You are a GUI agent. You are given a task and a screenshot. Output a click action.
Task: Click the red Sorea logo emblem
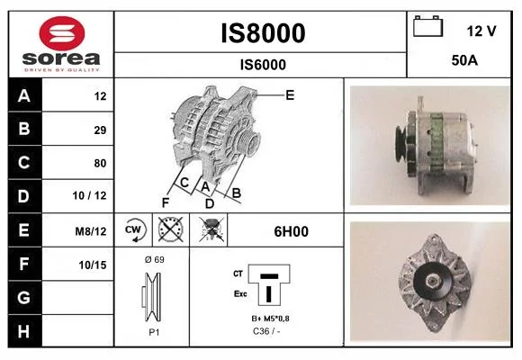62,33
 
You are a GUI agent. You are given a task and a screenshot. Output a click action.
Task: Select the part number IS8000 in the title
263,33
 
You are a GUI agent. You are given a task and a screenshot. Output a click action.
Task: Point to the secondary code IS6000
263,65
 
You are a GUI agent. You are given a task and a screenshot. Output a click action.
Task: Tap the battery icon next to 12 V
427,26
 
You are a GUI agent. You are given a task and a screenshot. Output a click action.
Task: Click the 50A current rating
464,60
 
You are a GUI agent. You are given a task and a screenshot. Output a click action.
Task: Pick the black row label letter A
24,96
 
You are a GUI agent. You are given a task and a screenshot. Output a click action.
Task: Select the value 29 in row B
100,130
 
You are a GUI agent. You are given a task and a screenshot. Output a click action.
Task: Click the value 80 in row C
100,163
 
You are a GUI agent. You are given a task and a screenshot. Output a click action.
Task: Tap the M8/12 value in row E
91,230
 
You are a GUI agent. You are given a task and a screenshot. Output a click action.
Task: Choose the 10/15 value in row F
93,265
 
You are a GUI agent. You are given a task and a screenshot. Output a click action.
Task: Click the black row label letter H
23,331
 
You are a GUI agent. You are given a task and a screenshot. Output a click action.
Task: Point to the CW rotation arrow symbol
133,230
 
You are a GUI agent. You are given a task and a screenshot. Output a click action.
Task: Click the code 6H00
291,231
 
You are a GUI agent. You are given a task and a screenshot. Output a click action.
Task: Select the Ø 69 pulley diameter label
155,259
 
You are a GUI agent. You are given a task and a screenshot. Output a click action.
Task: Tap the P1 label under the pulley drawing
154,332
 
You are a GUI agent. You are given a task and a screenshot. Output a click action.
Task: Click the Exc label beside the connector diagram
240,293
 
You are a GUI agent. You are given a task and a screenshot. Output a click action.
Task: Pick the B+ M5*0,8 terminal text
270,319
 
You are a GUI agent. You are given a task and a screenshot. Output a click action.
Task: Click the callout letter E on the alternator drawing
290,95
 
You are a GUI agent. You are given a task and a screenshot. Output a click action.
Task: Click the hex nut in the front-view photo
432,282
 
